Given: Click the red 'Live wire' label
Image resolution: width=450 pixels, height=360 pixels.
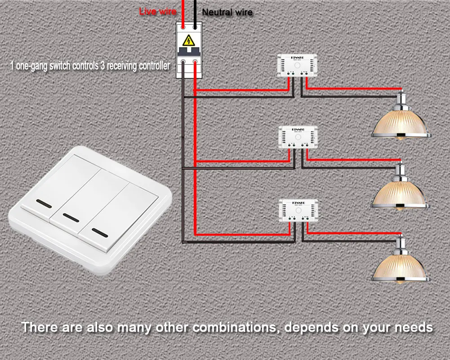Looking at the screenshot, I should [157, 12].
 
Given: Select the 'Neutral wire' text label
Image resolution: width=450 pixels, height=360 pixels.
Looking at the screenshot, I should [227, 13].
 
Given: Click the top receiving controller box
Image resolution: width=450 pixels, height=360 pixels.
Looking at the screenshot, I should [298, 66].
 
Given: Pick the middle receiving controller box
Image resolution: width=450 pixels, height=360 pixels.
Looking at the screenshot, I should [298, 138].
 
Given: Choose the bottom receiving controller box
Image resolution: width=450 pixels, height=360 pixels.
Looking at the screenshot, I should [298, 210].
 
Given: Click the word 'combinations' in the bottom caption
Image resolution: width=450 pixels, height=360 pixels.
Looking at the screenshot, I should [232, 327].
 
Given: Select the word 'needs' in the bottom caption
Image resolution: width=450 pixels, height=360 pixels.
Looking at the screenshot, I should [411, 327].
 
